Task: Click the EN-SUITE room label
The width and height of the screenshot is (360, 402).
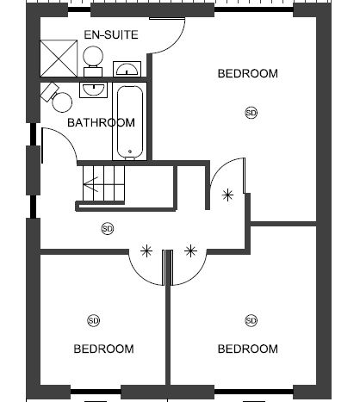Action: [x=111, y=34]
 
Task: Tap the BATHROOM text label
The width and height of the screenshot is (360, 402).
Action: [x=101, y=122]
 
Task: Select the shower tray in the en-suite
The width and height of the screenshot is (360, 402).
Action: [x=59, y=59]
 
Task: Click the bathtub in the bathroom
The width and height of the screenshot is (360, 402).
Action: [x=130, y=122]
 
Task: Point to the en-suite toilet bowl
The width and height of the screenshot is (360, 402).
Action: [x=93, y=56]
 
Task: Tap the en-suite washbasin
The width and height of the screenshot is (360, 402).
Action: [x=127, y=69]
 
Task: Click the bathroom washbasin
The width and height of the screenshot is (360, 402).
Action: [x=93, y=90]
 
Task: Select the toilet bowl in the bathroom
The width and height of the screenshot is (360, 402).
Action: [x=62, y=102]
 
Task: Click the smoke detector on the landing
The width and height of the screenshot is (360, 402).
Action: [x=108, y=229]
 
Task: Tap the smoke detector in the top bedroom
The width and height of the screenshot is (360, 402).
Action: [x=251, y=113]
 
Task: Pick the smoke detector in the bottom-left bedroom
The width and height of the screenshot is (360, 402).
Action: [x=93, y=320]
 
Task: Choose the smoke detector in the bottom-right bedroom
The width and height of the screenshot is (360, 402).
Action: [x=251, y=320]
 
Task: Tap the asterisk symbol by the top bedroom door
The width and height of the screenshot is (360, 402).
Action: [x=227, y=195]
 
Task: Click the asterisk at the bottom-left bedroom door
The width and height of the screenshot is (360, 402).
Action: [x=146, y=251]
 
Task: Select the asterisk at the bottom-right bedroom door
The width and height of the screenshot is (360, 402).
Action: [x=190, y=251]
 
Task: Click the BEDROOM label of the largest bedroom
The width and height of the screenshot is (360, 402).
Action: [x=248, y=73]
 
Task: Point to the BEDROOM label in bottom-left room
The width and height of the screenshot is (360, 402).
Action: [x=103, y=349]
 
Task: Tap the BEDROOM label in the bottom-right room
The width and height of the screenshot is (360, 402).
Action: [x=248, y=349]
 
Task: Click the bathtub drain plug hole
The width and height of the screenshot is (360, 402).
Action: [x=130, y=152]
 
